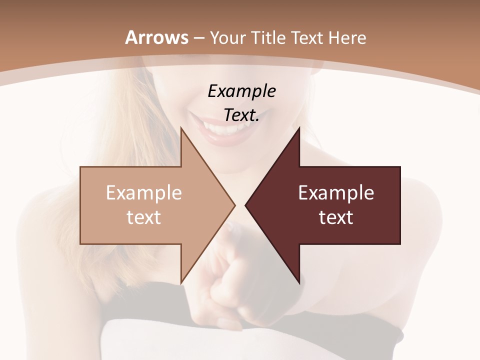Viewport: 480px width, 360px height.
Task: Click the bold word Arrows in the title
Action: point(157,37)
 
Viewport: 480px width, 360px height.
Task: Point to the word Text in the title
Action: point(308,38)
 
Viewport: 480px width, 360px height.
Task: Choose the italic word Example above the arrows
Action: point(241,91)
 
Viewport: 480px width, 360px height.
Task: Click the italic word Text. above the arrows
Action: point(241,115)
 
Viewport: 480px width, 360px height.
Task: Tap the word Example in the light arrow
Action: point(143,193)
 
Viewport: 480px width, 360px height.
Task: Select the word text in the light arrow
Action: point(143,217)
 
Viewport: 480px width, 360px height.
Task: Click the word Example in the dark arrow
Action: point(336,193)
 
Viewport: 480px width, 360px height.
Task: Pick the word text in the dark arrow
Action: point(336,217)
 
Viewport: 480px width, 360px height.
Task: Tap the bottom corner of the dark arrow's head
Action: point(299,282)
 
